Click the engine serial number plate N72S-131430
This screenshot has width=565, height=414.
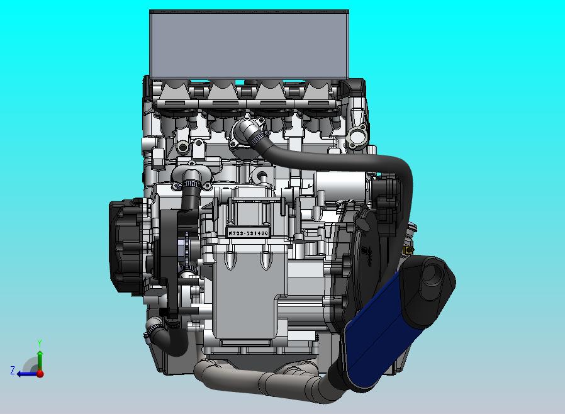(x=248, y=233)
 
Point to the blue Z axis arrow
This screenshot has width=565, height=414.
(x=25, y=373)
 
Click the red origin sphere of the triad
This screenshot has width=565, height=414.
(x=40, y=373)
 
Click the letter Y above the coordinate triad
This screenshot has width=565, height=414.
(x=39, y=344)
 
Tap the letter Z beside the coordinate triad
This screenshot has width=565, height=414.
(x=13, y=371)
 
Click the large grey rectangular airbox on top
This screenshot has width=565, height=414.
(x=249, y=43)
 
